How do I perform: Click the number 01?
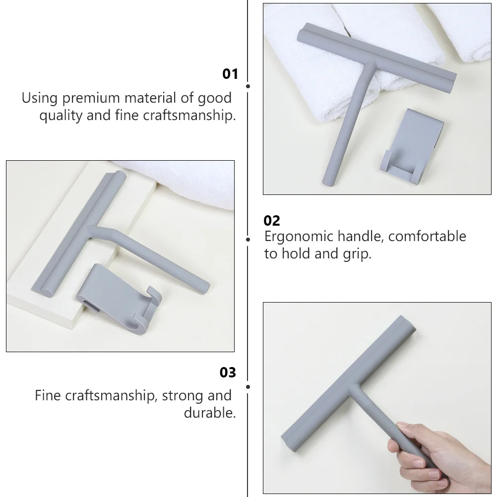coord(230,74)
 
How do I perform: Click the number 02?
coord(272,221)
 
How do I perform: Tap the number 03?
coord(228,373)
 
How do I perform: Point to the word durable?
coord(210,413)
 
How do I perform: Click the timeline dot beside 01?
coord(248,86)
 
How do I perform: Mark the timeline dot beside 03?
coord(248,386)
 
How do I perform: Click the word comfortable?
coord(426,237)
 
